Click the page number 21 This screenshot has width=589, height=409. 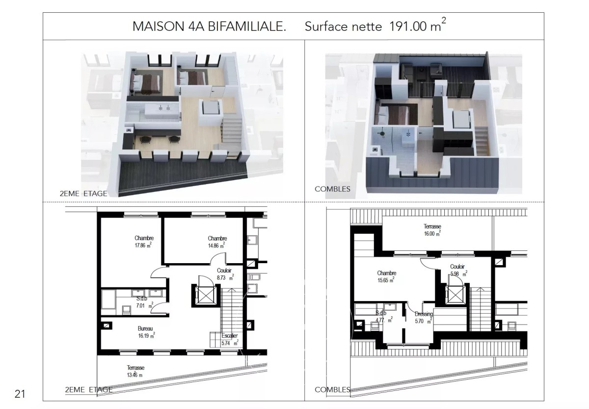point(20,394)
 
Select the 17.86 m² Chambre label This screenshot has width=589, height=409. point(143,242)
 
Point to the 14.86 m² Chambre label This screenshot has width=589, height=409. point(217,242)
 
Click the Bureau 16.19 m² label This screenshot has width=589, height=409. point(146,332)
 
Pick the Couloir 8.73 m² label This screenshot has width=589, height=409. point(225,274)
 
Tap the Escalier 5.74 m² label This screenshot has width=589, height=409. point(230,339)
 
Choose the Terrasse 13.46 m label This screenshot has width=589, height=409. point(135,371)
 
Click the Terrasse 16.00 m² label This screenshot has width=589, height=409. point(432,230)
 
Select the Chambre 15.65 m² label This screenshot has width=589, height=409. point(386,277)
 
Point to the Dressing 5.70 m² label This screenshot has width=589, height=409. point(424,318)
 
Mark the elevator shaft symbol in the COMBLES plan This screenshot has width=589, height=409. point(455,294)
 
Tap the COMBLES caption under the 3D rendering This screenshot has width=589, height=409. point(332,189)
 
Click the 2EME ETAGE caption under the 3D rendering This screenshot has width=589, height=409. point(83,193)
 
